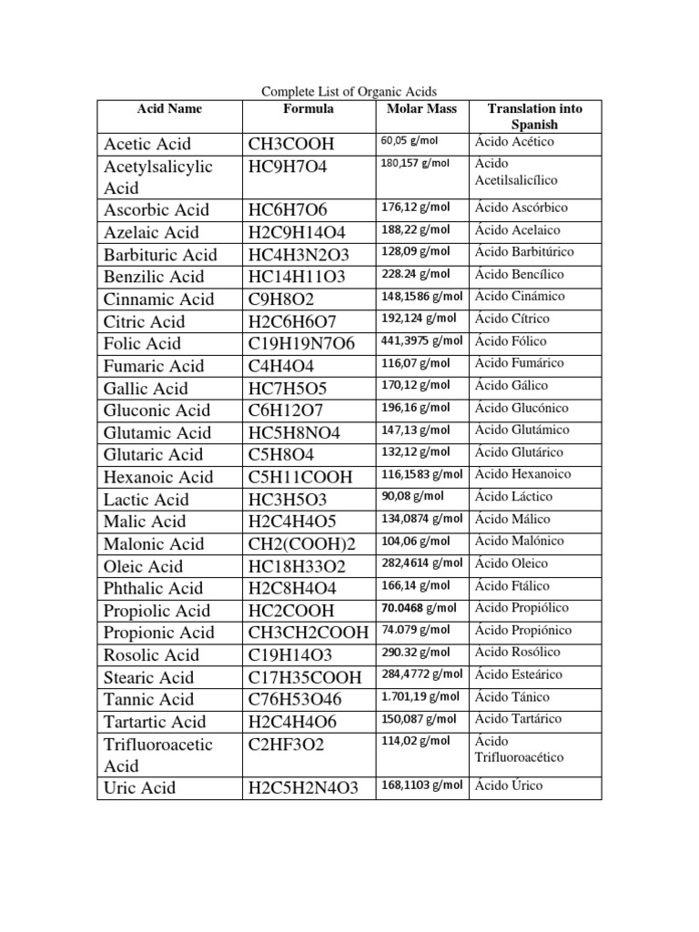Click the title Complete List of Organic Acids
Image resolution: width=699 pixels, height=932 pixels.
[x=349, y=91]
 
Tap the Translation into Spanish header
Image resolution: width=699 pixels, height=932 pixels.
[x=534, y=116]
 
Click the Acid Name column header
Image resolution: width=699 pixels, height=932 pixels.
[x=169, y=109]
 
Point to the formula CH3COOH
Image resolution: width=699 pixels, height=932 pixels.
[x=291, y=144]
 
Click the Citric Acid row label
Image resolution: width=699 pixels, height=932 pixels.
[x=144, y=321]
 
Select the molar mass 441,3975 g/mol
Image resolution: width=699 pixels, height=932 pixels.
[x=421, y=341]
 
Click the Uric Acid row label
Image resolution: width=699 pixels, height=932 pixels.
[x=139, y=788]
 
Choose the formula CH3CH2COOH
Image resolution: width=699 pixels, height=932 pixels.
[x=308, y=633]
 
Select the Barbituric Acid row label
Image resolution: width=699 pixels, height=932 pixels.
[x=160, y=255]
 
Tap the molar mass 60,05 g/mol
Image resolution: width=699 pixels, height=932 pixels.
[x=409, y=141]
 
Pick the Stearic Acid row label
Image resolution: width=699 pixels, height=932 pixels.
[x=148, y=677]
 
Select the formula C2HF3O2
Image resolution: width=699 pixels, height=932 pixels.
[x=286, y=744]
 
